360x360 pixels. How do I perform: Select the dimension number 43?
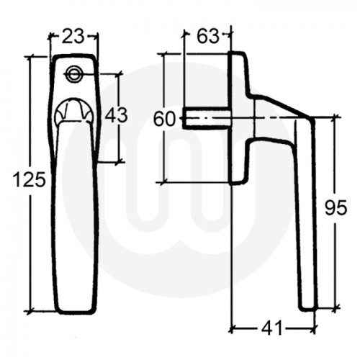(117, 115)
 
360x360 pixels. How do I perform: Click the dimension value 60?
(165, 120)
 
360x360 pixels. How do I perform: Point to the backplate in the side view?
(238, 115)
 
